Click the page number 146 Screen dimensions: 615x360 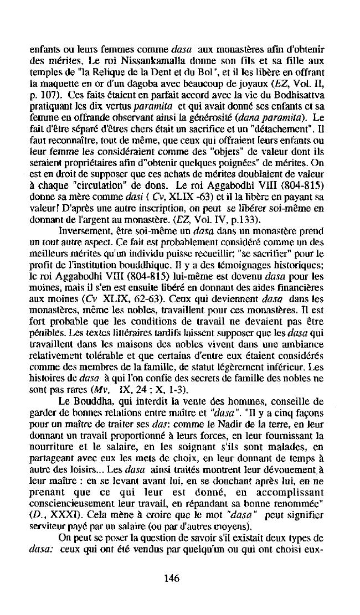(x=171, y=578)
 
